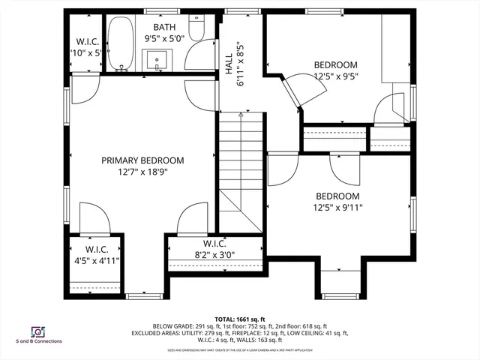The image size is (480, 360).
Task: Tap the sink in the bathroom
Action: click(x=158, y=58)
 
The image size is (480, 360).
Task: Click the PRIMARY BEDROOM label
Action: click(x=142, y=160)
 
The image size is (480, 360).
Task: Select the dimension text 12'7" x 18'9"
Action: click(x=142, y=172)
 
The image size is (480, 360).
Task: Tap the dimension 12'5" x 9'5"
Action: click(x=335, y=76)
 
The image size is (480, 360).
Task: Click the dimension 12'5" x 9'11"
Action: click(x=337, y=208)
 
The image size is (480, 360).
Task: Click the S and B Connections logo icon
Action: click(x=37, y=331)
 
